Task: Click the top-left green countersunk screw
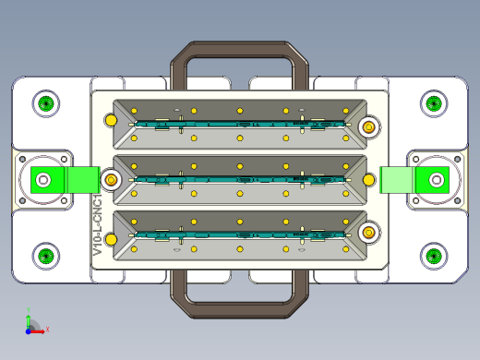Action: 46,103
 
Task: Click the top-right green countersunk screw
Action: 434,103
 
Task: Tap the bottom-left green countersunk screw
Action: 46,256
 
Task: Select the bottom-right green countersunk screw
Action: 434,256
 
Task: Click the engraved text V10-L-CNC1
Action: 98,225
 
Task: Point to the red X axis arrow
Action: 38,331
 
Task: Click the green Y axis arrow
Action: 29,321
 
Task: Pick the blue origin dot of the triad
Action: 28,331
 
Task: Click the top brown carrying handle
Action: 239,49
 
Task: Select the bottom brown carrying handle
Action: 239,309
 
